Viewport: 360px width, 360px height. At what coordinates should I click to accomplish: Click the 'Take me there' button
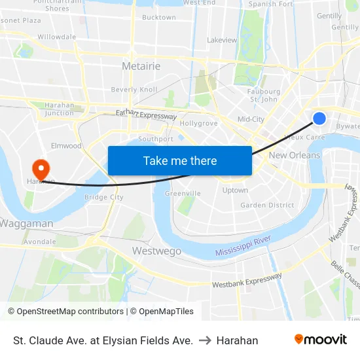click(x=180, y=160)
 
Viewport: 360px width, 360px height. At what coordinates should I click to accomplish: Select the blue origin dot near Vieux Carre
click(x=319, y=118)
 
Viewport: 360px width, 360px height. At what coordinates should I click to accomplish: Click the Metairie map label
click(x=141, y=66)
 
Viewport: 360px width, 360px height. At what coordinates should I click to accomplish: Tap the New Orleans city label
click(x=295, y=155)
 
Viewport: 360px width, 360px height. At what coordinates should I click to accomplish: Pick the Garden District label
click(x=267, y=205)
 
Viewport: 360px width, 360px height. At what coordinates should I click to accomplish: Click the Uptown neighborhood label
click(x=235, y=190)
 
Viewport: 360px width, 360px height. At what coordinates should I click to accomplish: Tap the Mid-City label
click(x=251, y=119)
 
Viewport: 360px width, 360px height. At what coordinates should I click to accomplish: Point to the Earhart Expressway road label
click(x=147, y=115)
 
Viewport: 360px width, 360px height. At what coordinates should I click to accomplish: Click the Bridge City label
click(x=104, y=197)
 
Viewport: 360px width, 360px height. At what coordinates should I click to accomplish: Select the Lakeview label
click(x=222, y=40)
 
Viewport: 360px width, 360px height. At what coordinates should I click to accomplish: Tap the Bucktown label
click(x=158, y=18)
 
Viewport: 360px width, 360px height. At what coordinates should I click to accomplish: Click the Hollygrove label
click(x=198, y=123)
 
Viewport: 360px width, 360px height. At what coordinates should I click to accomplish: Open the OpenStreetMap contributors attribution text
click(x=65, y=312)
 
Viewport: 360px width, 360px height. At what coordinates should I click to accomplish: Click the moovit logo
click(x=320, y=340)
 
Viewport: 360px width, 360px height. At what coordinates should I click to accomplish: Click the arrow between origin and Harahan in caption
click(x=204, y=340)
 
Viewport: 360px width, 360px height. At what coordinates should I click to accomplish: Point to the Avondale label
click(x=40, y=242)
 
